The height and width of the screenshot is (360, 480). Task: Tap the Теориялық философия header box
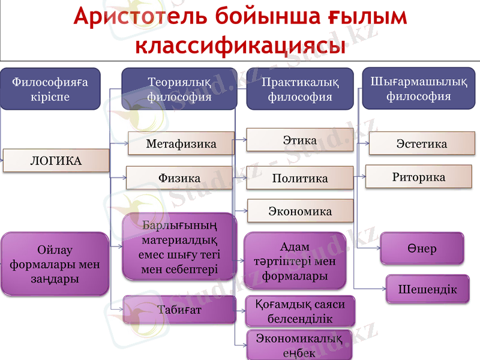tap(179, 89)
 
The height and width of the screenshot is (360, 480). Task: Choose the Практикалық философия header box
tap(300, 89)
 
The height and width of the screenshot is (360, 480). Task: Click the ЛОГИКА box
tap(56, 160)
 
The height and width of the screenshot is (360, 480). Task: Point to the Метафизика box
tap(181, 144)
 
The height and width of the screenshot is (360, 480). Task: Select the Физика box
tap(179, 178)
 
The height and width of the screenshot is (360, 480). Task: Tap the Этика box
tap(299, 140)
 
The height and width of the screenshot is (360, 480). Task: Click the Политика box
tap(299, 178)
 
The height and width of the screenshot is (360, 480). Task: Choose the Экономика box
tap(300, 211)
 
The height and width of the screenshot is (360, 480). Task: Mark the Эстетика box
tap(421, 144)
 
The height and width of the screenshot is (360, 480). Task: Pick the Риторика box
tap(418, 177)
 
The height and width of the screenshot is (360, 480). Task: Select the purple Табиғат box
tap(179, 310)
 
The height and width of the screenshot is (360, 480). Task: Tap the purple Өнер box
tap(422, 248)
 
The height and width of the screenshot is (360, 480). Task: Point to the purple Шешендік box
tap(427, 289)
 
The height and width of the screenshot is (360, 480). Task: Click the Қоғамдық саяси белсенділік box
tap(301, 311)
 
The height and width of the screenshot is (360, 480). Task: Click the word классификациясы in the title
tap(240, 46)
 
